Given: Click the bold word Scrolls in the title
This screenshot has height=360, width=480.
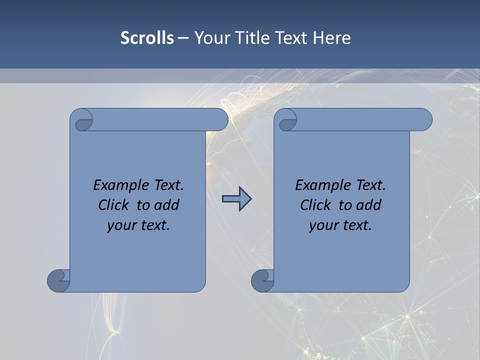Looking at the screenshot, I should click(147, 38).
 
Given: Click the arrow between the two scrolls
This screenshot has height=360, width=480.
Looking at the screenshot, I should click(236, 199).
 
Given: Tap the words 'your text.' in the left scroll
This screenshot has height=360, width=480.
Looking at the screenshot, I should click(138, 225).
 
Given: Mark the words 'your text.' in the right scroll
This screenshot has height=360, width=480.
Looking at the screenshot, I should click(340, 225).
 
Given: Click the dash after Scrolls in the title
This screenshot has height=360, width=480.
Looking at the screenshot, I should click(183, 38).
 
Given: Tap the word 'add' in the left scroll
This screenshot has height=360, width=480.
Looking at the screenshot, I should click(168, 205).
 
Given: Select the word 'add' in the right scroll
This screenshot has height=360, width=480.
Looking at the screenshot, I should click(370, 205).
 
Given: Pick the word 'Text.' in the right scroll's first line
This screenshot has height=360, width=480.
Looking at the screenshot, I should click(370, 185).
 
